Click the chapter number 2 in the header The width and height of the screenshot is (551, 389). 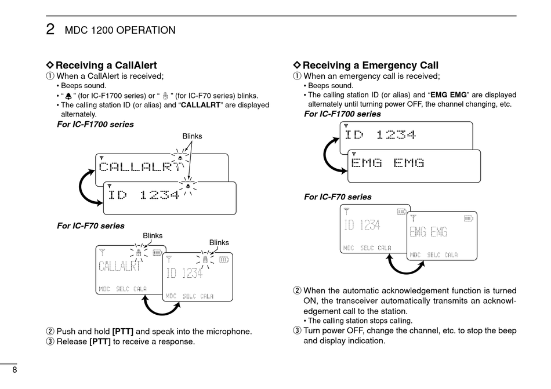50,30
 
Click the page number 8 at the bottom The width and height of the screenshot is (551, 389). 13,372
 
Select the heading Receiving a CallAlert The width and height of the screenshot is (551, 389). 106,66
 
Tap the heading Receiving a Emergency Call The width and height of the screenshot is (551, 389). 370,66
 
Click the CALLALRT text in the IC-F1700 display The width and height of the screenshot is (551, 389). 139,168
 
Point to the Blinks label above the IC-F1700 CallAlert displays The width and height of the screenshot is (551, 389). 192,136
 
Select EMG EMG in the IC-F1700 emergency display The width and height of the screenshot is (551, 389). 387,163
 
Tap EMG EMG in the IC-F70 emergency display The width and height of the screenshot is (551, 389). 428,232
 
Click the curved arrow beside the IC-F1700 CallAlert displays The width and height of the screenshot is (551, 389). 88,187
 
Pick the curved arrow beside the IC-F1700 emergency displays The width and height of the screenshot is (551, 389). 332,153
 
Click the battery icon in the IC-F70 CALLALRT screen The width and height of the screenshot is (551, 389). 158,252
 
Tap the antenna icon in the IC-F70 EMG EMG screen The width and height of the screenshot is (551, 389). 414,219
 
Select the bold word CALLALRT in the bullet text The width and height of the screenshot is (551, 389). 201,106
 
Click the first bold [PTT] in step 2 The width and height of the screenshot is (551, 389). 122,332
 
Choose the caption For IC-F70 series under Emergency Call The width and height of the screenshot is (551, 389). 338,197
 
